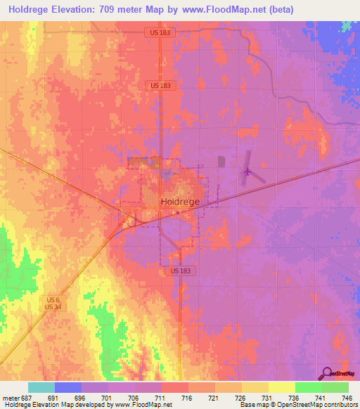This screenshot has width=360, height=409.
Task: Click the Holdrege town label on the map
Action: pyautogui.click(x=181, y=201)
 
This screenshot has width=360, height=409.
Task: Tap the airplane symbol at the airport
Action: pyautogui.click(x=246, y=171)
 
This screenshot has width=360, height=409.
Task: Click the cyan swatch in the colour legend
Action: pyautogui.click(x=41, y=387)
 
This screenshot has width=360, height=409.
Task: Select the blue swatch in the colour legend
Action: pyautogui.click(x=68, y=387)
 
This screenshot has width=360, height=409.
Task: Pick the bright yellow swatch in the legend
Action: pyautogui.click(x=281, y=387)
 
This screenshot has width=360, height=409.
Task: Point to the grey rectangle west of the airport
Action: pyautogui.click(x=222, y=162)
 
